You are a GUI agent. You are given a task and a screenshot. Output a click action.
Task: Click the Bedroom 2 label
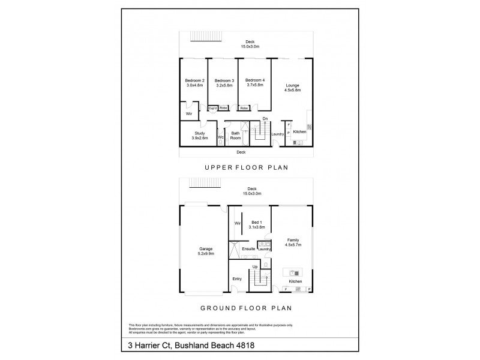[x=194, y=81]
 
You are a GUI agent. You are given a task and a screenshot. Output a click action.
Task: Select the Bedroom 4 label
[x=255, y=80]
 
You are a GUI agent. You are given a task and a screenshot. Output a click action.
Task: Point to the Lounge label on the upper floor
[x=292, y=85]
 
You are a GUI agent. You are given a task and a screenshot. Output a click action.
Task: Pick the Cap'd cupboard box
[x=212, y=108]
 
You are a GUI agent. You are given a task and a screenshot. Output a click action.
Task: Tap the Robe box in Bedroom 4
[x=244, y=108]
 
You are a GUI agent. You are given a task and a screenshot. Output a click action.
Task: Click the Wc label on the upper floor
[x=221, y=137]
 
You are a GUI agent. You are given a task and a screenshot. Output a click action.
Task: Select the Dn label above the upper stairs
[x=265, y=119]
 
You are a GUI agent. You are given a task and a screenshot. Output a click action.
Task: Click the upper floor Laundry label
[x=277, y=134]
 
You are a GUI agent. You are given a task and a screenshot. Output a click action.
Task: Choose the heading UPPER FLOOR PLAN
[x=246, y=168]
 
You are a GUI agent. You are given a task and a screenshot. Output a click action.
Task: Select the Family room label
[x=292, y=240]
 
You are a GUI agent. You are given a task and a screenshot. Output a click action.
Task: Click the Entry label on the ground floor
[x=237, y=279]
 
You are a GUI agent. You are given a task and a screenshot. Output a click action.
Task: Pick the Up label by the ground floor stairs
[x=255, y=266]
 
